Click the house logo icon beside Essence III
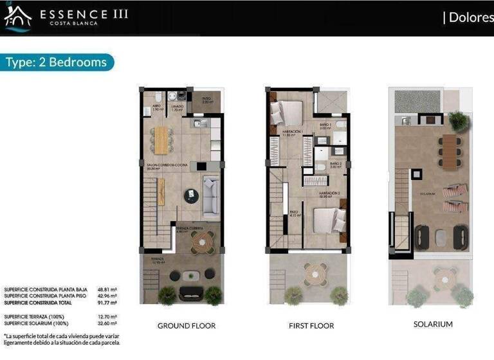(x=18, y=17)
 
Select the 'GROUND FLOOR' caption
(x=187, y=326)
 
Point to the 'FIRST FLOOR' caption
(x=311, y=326)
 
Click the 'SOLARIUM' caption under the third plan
(x=433, y=324)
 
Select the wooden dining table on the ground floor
(x=161, y=140)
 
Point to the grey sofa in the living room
(x=212, y=196)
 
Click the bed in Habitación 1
(x=287, y=113)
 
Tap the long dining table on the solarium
(x=449, y=151)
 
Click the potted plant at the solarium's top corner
(x=459, y=120)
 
